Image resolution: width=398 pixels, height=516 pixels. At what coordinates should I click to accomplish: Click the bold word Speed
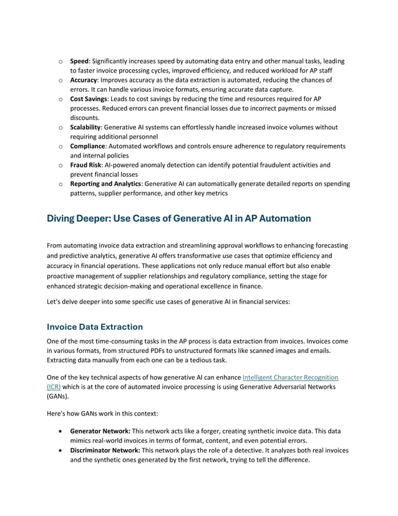tap(79, 61)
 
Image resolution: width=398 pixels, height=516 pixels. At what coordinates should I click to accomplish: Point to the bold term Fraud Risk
tap(85, 165)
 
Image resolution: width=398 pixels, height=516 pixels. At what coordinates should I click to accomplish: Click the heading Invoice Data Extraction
tap(95, 327)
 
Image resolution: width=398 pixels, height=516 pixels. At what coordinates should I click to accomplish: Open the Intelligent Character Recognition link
tap(290, 377)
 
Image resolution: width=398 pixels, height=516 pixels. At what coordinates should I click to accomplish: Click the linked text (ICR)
tap(54, 387)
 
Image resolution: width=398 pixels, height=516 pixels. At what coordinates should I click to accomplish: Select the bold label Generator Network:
tap(100, 431)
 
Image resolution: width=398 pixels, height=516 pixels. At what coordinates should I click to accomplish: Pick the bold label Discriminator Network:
tap(105, 450)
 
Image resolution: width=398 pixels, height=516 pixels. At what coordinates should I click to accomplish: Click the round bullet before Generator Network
tap(59, 431)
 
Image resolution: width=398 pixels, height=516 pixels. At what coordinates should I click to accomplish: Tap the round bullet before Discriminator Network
tap(59, 450)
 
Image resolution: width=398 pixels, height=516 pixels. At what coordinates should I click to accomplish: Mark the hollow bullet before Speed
tap(59, 62)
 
